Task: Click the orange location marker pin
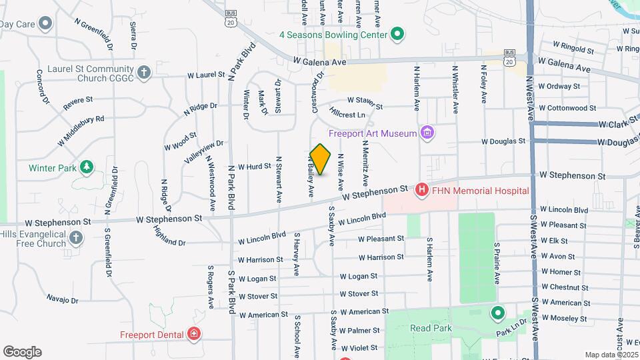pyautogui.click(x=321, y=159)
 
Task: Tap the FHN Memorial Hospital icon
pyautogui.click(x=421, y=191)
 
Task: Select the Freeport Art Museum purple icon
pyautogui.click(x=427, y=133)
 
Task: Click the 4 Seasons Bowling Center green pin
pyautogui.click(x=397, y=34)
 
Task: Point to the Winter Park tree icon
pyautogui.click(x=86, y=167)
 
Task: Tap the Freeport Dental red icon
pyautogui.click(x=194, y=334)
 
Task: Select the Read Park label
pyautogui.click(x=430, y=328)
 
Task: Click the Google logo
pyautogui.click(x=22, y=351)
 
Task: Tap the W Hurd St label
pyautogui.click(x=255, y=166)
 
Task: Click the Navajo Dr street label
pyautogui.click(x=63, y=299)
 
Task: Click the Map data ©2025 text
pyautogui.click(x=611, y=355)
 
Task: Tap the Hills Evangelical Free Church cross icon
pyautogui.click(x=77, y=237)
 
